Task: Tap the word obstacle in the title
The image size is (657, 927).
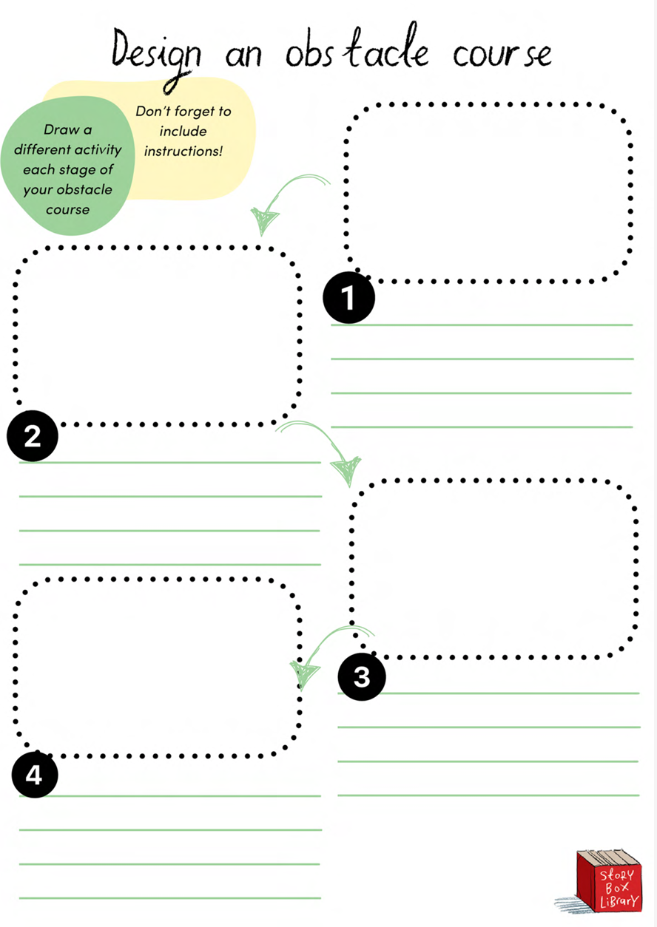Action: tap(357, 47)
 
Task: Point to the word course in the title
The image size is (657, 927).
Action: tap(502, 54)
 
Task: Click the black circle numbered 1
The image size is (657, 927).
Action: tap(348, 297)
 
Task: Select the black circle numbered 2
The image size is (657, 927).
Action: tap(33, 435)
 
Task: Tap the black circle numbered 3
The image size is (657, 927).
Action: tap(362, 676)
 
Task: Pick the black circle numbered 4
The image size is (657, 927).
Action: tap(34, 775)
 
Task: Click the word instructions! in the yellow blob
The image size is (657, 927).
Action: tap(183, 151)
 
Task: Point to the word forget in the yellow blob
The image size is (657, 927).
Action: tap(195, 112)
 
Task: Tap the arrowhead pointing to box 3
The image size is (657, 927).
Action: tap(347, 471)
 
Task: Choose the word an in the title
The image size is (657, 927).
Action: tap(243, 55)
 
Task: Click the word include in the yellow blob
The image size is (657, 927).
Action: tap(183, 131)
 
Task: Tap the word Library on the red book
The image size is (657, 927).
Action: tap(619, 901)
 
